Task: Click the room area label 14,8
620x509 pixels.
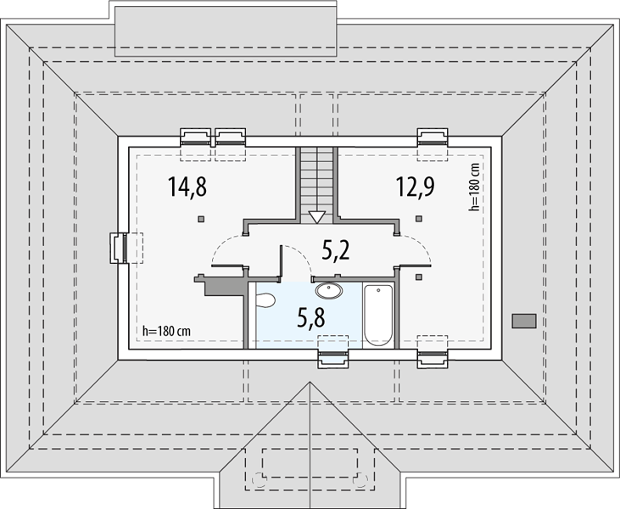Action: coord(187,187)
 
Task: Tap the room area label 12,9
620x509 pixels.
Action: coord(416,187)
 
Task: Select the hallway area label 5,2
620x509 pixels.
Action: coord(336,250)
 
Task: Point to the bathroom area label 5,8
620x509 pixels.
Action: coord(311,317)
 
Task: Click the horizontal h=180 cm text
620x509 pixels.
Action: coord(166,331)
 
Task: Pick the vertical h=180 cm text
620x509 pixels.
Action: coord(474,187)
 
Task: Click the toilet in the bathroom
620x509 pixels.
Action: coord(265,300)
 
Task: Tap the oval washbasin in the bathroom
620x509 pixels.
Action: coord(329,291)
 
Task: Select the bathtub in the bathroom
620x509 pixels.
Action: coord(378,316)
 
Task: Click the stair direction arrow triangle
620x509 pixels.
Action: coord(316,217)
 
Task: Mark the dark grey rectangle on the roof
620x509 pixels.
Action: coord(524,321)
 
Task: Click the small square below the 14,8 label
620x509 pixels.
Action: coord(201,219)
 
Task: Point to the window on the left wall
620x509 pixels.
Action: coord(118,248)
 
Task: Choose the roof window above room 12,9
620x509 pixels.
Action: coord(433,137)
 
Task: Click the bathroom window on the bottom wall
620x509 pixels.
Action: coord(333,359)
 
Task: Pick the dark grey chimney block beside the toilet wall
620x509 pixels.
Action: coord(220,286)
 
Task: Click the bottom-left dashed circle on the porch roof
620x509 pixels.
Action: coord(260,479)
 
